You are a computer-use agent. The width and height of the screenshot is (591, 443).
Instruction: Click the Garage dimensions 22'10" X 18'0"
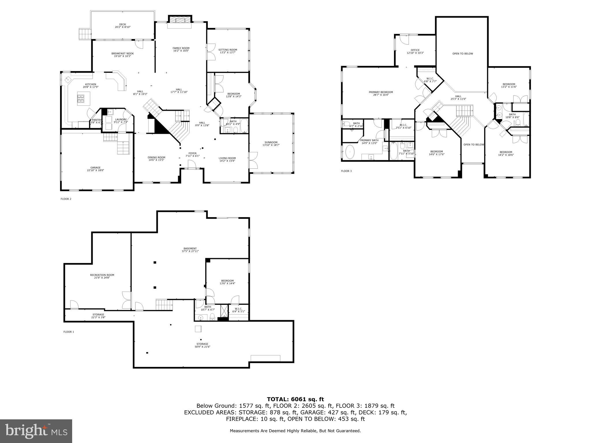point(96,170)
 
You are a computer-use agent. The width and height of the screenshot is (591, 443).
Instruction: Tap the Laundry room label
point(121,119)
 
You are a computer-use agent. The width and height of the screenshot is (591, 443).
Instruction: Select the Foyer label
point(192,153)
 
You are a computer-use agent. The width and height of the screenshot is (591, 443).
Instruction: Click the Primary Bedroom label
point(381,92)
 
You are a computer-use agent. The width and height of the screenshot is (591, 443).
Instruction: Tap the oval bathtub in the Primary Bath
point(350,152)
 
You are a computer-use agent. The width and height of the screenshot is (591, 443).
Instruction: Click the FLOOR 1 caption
point(69,332)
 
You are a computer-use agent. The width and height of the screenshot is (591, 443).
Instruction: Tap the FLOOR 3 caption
point(346,171)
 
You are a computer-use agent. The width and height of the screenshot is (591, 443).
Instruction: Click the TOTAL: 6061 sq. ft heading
point(295,399)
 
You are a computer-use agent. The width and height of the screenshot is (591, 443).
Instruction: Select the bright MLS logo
point(36,431)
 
